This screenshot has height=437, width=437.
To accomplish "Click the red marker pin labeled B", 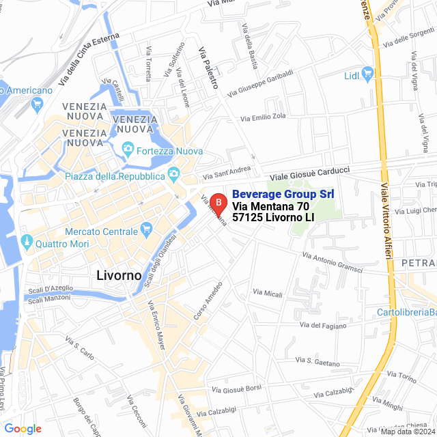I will [217, 203].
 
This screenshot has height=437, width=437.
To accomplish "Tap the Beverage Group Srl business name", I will [283, 195].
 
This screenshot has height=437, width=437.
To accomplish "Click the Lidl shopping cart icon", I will [368, 72].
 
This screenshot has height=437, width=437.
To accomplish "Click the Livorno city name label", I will [115, 275].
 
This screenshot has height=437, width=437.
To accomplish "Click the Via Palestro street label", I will [208, 68].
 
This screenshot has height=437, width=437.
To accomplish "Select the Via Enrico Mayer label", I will [156, 325].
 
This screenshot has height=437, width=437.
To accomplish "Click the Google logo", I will [23, 429].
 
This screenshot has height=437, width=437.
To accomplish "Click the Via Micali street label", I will [268, 294].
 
